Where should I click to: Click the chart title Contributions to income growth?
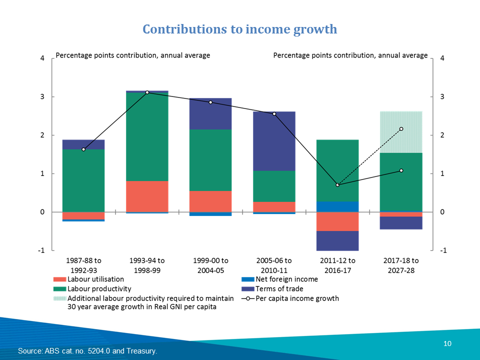click(x=240, y=29)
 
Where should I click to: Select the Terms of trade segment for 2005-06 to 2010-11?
click(x=274, y=141)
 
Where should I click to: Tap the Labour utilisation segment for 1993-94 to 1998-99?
click(x=147, y=196)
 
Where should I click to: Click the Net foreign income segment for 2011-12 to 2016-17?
click(x=337, y=206)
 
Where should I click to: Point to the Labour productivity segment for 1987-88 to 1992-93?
click(x=83, y=180)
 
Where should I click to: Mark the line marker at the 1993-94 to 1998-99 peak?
click(x=147, y=92)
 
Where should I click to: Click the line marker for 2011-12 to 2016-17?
click(x=337, y=185)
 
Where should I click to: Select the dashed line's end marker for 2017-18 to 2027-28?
click(x=401, y=129)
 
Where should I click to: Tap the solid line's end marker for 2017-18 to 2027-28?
click(x=401, y=170)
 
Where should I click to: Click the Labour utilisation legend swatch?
click(x=59, y=279)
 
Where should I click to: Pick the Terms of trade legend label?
click(x=279, y=288)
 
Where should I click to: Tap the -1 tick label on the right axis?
click(x=442, y=250)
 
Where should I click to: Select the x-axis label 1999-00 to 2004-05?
click(x=210, y=265)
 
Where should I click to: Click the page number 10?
click(x=447, y=343)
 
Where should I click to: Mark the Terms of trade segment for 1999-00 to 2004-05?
click(x=210, y=113)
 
